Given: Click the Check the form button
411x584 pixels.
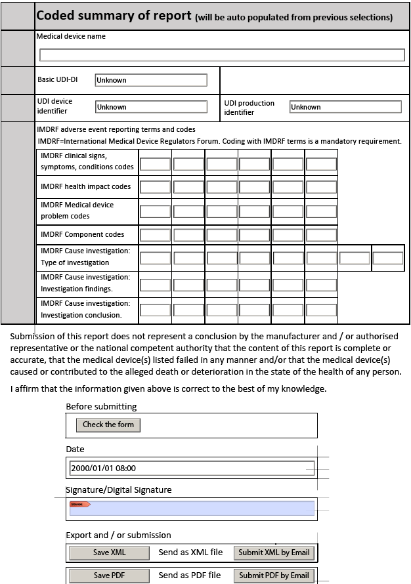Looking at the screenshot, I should click(x=108, y=425).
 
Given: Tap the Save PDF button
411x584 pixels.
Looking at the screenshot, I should click(x=110, y=575).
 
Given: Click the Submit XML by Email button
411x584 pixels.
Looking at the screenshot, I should click(x=274, y=553).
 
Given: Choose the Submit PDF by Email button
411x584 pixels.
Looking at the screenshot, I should click(x=274, y=575).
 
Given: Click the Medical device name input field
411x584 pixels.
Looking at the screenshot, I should click(x=222, y=55).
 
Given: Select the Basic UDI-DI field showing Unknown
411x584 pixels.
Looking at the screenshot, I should click(x=151, y=80).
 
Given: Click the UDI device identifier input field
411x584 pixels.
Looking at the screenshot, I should click(x=151, y=107).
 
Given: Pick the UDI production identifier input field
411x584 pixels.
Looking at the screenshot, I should click(x=345, y=107).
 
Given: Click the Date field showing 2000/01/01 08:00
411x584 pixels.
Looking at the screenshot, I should click(x=192, y=468).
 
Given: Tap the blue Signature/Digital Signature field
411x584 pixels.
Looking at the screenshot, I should click(x=192, y=508).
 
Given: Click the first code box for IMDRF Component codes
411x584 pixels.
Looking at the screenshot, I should click(x=155, y=235).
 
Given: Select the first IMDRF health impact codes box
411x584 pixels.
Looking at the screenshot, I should click(x=155, y=187).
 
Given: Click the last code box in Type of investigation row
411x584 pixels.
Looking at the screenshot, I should click(x=387, y=258).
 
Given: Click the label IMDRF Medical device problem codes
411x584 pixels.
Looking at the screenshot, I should click(x=77, y=211).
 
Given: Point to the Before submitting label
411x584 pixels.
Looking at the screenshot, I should click(x=101, y=407).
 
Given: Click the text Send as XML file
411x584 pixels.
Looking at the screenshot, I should click(x=190, y=553).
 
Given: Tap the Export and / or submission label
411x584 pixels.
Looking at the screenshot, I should click(x=118, y=535).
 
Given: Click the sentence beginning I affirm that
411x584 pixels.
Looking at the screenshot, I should click(x=168, y=389).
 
